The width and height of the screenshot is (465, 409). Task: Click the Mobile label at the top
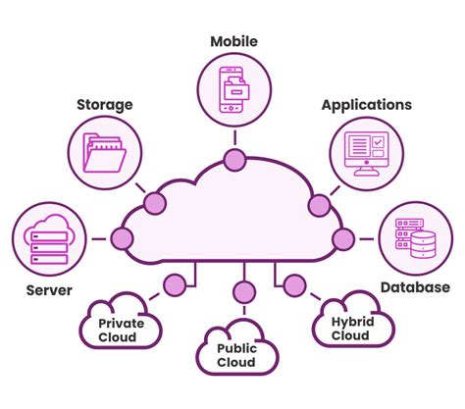(x=233, y=41)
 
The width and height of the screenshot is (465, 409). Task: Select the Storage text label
(x=105, y=104)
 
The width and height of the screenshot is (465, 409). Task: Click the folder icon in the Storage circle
(x=105, y=151)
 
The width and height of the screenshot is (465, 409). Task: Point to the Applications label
(x=366, y=104)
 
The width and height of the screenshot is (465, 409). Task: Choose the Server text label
(x=47, y=291)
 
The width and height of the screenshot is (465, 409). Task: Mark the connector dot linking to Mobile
(x=233, y=159)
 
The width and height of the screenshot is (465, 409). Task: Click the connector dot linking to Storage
(x=153, y=204)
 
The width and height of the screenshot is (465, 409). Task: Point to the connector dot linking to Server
(x=123, y=238)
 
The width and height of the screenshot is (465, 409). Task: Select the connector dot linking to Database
(x=342, y=238)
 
